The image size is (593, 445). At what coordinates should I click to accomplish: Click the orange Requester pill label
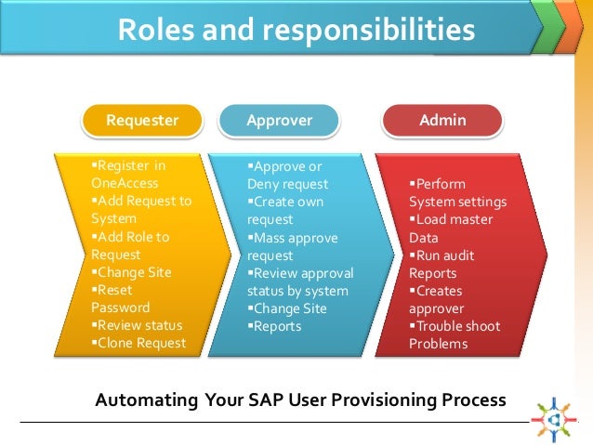pos(142,120)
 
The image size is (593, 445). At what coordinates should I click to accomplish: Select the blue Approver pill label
pos(279,120)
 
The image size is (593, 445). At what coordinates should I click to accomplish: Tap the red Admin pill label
pos(443,120)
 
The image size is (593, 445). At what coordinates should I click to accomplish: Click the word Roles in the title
pos(156,30)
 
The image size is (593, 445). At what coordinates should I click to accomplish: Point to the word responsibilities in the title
pos(362,30)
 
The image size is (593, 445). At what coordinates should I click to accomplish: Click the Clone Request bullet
pos(139,343)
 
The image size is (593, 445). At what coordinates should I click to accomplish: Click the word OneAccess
pos(125,183)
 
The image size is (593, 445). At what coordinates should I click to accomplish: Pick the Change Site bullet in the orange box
pos(135,272)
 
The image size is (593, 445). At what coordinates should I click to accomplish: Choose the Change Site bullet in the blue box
pos(289,308)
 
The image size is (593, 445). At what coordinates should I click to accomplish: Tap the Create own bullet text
pos(288,202)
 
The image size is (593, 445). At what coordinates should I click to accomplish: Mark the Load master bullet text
pos(455,219)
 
